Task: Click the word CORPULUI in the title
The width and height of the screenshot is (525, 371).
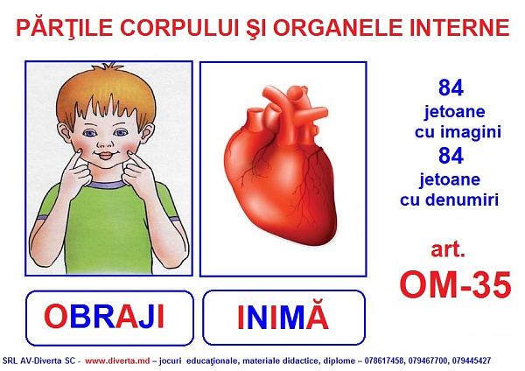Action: pos(179,28)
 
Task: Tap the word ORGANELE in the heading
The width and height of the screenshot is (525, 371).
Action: pos(338,28)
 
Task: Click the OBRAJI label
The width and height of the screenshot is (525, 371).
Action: pos(104,317)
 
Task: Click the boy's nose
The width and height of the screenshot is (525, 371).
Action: pos(105,143)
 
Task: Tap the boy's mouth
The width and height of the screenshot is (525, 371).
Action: pos(106,156)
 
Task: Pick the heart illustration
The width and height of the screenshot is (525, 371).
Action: pos(281,165)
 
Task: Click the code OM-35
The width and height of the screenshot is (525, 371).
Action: pos(455,285)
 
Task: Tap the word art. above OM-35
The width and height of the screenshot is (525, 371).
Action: pos(448,249)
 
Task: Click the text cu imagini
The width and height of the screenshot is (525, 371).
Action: pos(458,131)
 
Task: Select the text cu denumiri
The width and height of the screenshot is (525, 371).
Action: pos(450,199)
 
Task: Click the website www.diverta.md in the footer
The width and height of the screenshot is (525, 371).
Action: pos(117,360)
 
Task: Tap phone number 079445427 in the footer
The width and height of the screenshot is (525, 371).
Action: pos(472,360)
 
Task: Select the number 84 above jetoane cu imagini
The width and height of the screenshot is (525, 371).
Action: pos(451,87)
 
